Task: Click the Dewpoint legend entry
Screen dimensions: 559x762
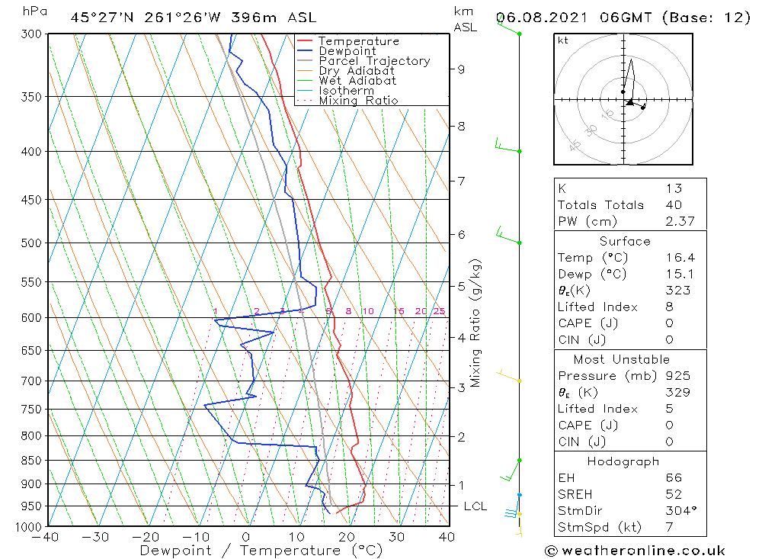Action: (347, 51)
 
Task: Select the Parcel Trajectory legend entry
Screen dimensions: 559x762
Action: (374, 61)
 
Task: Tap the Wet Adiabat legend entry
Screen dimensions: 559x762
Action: (357, 81)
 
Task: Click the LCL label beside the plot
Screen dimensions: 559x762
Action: (475, 506)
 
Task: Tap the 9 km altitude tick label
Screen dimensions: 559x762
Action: (461, 69)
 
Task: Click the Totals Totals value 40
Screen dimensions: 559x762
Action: (674, 205)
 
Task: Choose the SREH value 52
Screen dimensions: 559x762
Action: (674, 495)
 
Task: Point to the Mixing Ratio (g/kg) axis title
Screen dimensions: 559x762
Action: (476, 323)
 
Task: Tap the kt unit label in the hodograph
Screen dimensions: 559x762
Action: (563, 41)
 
